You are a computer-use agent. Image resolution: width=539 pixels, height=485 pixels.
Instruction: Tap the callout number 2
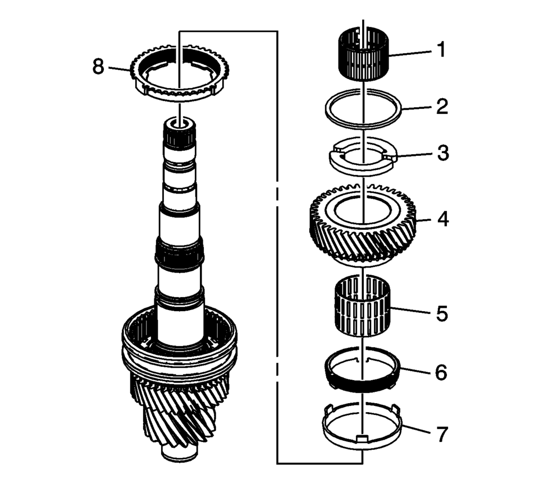[x=442, y=107]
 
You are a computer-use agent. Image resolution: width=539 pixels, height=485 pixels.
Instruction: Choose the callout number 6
[x=442, y=372]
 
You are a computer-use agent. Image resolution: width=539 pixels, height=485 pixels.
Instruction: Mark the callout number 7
[x=442, y=433]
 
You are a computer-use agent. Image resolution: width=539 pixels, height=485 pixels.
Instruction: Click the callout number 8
[x=99, y=67]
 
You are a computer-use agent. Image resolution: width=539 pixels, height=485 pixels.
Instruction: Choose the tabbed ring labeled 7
[x=337, y=432]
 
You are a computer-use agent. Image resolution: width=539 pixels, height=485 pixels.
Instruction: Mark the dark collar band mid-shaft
[x=178, y=252]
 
